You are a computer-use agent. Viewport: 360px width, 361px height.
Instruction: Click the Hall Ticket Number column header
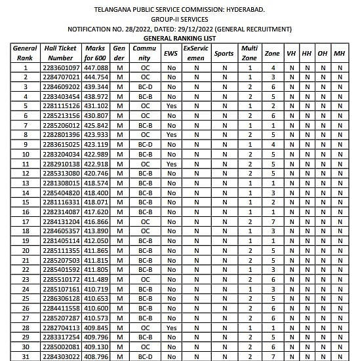(x=60, y=53)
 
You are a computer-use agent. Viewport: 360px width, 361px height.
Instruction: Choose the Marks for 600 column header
(x=95, y=53)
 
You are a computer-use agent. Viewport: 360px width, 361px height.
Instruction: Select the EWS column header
(x=170, y=53)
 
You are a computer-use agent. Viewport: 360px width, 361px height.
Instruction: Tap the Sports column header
(x=224, y=53)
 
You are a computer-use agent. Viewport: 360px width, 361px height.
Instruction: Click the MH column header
(x=339, y=53)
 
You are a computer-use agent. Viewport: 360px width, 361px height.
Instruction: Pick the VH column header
(x=290, y=53)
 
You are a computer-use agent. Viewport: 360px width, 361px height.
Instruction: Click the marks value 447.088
(x=95, y=67)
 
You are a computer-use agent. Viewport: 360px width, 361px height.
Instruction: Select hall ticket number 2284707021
(x=60, y=77)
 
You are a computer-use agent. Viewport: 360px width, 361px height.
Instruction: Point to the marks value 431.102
(x=95, y=105)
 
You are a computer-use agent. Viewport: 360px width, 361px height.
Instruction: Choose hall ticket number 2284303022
(x=60, y=356)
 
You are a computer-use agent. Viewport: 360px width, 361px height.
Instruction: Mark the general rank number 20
(x=25, y=251)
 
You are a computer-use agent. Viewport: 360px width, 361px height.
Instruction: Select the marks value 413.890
(x=95, y=231)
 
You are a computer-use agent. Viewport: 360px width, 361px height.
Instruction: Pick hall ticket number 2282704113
(x=60, y=328)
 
